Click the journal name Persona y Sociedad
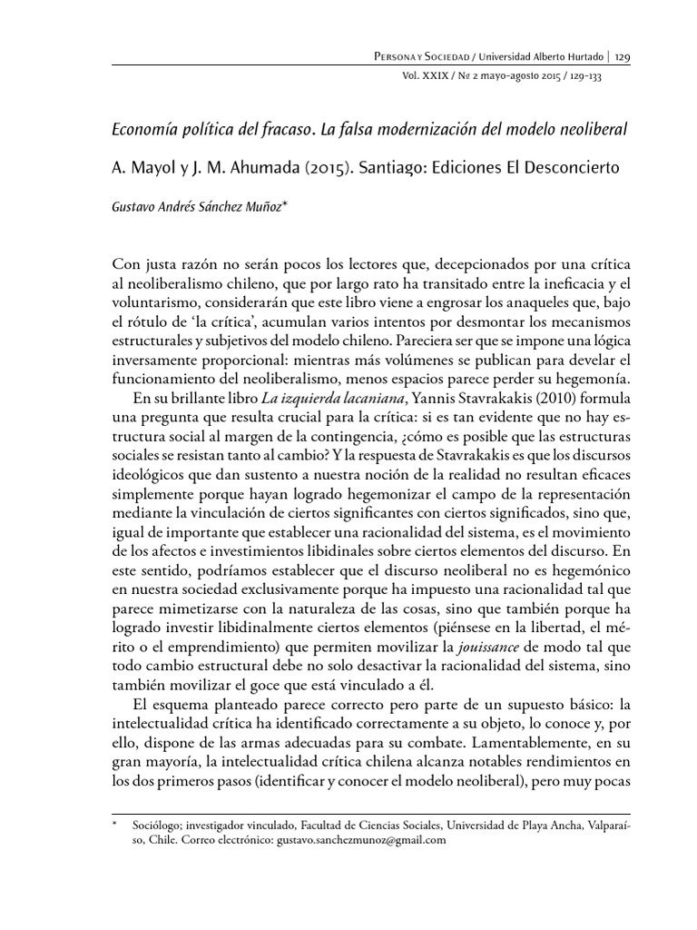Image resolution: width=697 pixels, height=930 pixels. coord(417,56)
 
